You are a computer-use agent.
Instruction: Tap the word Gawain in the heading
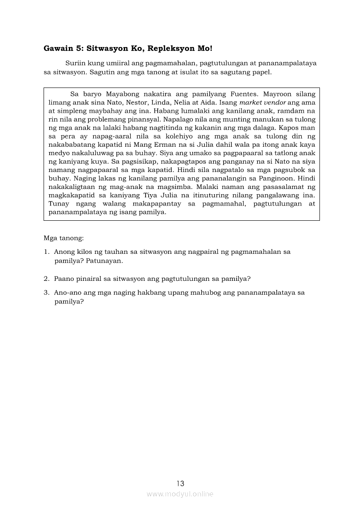pos(58,48)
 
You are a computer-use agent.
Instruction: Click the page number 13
pos(180,483)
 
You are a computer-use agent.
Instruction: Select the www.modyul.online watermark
pos(180,494)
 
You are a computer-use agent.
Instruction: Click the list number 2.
pos(46,279)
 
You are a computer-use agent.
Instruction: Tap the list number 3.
pos(46,293)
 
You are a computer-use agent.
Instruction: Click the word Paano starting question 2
pos(64,279)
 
